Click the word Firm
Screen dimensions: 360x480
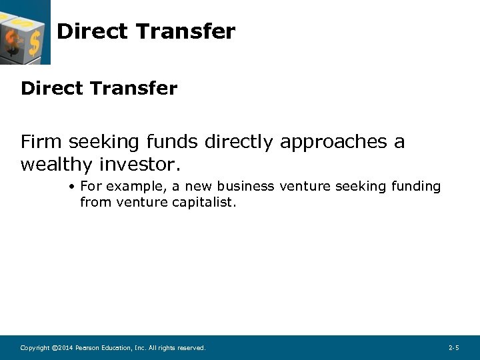click(x=42, y=142)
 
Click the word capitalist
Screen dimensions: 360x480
click(x=203, y=202)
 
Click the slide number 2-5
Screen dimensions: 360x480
click(x=453, y=348)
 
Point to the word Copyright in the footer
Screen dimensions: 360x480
click(x=35, y=348)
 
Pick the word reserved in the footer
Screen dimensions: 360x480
click(x=191, y=348)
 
